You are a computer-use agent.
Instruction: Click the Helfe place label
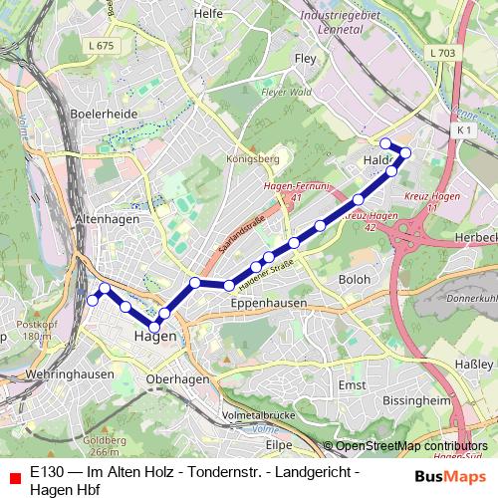click(x=208, y=15)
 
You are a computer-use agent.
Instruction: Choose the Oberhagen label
click(x=177, y=379)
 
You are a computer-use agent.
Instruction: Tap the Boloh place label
click(x=354, y=280)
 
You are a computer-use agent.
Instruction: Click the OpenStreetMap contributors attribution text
click(x=410, y=446)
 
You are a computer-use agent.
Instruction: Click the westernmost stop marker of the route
click(x=93, y=300)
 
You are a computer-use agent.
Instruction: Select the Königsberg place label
click(x=254, y=157)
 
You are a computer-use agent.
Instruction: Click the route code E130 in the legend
click(x=47, y=468)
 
